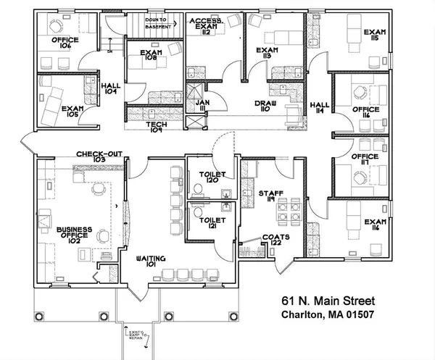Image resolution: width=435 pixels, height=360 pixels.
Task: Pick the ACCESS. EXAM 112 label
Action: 205,26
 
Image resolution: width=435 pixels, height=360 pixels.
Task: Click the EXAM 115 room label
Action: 375,36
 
